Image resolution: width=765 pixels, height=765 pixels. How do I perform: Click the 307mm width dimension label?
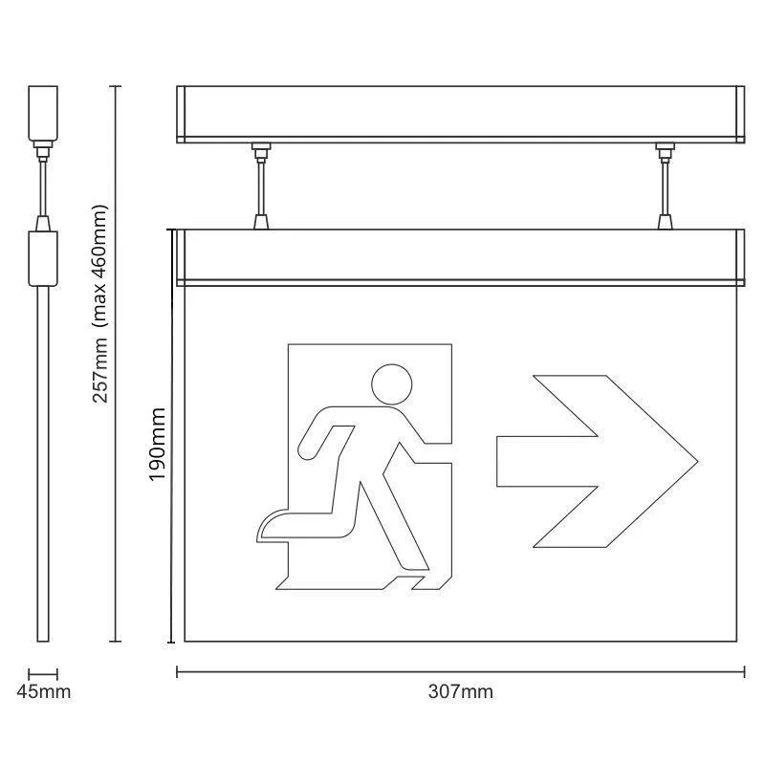[x=461, y=691]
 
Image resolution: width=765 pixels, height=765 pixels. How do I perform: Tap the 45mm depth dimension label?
[x=43, y=691]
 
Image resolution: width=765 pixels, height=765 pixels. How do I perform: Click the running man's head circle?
[x=390, y=383]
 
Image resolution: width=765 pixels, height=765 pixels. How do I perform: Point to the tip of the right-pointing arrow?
[x=696, y=461]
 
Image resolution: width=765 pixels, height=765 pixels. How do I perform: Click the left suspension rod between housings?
[x=259, y=186]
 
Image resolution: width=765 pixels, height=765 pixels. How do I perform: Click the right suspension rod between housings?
[x=665, y=186]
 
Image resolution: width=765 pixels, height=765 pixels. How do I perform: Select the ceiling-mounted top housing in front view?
[x=460, y=113]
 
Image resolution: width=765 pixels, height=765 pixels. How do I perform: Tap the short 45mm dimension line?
[x=43, y=673]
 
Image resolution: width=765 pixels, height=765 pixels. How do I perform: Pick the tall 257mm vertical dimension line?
[x=117, y=363]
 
